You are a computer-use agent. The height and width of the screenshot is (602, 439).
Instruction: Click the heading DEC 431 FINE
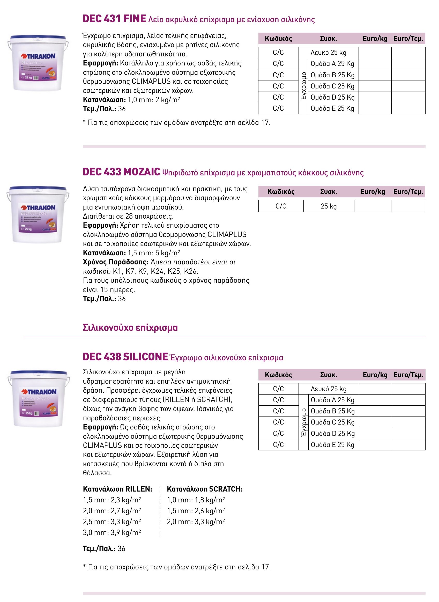pos(114,19)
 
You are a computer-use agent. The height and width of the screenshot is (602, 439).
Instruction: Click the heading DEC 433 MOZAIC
pos(121,172)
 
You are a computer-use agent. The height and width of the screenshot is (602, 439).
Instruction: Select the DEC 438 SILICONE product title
pos(125,357)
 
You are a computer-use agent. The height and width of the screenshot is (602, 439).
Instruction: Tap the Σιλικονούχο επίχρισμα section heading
pos(130,328)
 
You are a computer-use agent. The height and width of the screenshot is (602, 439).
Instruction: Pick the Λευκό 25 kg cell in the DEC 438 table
pos(329,389)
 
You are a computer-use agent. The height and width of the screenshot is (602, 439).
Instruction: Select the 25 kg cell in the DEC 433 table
pos(329,206)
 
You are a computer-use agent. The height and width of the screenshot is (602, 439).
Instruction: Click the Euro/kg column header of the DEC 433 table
pos(372,192)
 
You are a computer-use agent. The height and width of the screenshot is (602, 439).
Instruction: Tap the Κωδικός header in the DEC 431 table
pos(278,39)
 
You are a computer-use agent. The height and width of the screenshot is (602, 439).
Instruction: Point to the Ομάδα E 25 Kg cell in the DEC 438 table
pos(332,445)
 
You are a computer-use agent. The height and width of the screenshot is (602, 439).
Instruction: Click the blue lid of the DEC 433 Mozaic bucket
pos(38,189)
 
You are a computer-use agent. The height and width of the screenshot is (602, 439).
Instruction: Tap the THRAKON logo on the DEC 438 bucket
pos(39,392)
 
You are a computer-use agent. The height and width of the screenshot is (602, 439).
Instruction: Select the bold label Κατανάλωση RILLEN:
pos(117,489)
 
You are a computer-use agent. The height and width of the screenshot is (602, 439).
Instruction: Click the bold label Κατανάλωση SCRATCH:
pos(205,489)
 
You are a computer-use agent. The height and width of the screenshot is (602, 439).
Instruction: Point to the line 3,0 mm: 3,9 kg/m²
pos(112,532)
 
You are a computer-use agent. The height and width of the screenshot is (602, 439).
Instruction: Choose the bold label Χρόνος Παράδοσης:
pos(116,262)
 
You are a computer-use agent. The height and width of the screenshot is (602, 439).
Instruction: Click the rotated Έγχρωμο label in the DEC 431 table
pos(303,86)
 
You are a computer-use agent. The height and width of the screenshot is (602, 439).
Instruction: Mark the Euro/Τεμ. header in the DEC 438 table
pos(408,375)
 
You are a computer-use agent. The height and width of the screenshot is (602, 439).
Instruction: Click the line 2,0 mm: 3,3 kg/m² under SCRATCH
pos(196,522)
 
